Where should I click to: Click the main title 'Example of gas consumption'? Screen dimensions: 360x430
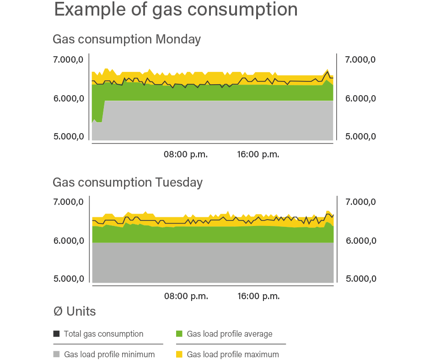click(176, 10)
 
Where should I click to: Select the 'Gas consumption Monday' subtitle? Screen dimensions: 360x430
click(127, 40)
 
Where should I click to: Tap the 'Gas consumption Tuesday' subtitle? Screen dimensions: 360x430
click(128, 183)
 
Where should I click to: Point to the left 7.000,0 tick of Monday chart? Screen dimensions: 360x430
click(69, 59)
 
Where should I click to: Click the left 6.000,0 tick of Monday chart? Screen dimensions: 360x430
click(69, 98)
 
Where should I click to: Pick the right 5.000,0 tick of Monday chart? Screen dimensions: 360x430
click(360, 136)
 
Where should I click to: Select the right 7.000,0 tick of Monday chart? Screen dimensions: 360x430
click(360, 59)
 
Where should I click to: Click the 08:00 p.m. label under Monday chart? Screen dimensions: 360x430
click(186, 155)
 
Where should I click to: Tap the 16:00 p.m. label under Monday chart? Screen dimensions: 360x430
click(258, 155)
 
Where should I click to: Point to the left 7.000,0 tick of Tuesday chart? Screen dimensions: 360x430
click(69, 202)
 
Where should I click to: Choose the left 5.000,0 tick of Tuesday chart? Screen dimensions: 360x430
click(69, 279)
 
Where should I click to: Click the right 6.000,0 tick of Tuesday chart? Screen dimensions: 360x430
click(360, 241)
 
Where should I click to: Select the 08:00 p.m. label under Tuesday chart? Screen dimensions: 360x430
click(186, 296)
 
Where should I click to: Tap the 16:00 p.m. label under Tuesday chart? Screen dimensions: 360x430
click(258, 296)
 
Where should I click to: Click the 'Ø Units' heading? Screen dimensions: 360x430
click(75, 312)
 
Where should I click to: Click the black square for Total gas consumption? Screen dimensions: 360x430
click(57, 334)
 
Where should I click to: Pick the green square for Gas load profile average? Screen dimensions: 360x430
click(179, 334)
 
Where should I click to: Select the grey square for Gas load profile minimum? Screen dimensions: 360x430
click(57, 354)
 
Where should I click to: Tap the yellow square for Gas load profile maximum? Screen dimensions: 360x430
click(179, 354)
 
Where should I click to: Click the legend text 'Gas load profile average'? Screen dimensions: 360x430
click(230, 334)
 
